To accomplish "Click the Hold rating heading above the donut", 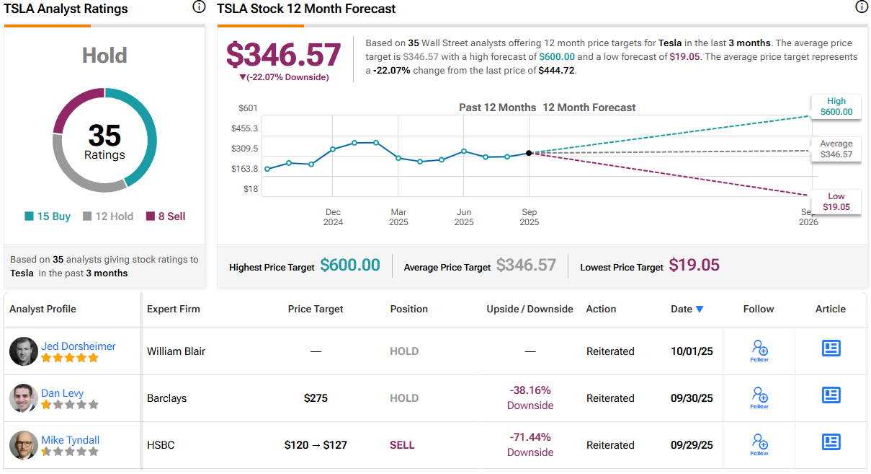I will click(104, 56).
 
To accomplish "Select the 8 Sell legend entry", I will click(166, 216).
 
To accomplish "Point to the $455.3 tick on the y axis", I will click(244, 128).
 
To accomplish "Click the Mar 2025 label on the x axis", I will click(398, 217).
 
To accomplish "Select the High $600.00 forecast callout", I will click(836, 107).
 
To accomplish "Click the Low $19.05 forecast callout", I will click(836, 202).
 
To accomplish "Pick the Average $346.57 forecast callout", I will click(836, 149).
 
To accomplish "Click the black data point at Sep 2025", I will click(529, 153).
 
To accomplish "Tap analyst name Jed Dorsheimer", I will click(78, 346).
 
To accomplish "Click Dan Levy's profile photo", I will click(23, 398).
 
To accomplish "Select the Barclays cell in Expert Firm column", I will click(167, 398).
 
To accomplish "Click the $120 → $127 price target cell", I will click(316, 445).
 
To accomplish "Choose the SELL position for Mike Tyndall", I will click(402, 445).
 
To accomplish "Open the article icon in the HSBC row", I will click(831, 442).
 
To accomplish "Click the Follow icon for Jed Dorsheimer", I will click(759, 350).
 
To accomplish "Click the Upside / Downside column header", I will click(530, 309).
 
